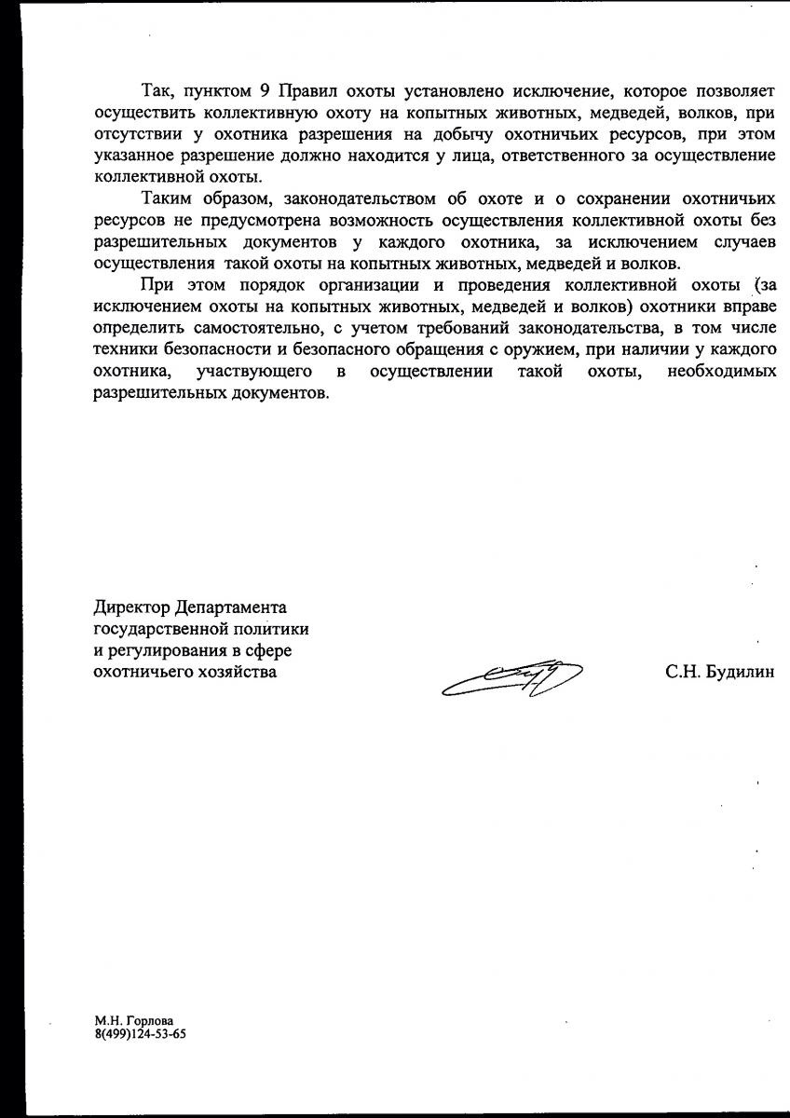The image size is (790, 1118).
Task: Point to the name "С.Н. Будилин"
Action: [x=719, y=672]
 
